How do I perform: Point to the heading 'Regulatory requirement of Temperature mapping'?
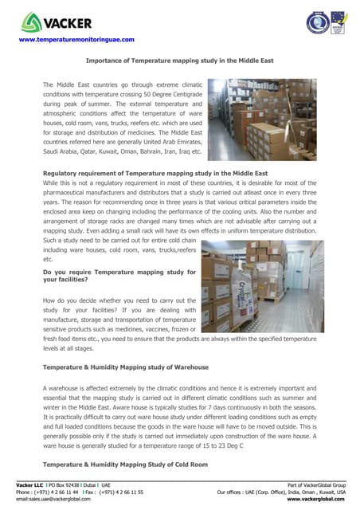(155, 173)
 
